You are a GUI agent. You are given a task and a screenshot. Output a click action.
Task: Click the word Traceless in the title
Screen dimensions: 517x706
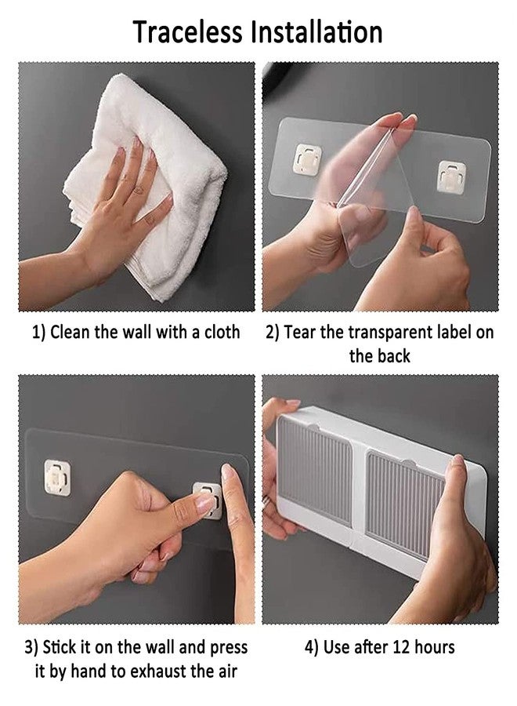tap(188, 32)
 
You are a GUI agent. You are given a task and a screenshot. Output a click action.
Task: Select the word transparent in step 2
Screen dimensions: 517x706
tap(389, 333)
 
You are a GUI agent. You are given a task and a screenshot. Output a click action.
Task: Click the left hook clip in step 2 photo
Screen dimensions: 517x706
tap(308, 159)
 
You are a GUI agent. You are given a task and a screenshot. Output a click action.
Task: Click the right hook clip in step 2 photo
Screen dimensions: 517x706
tap(451, 177)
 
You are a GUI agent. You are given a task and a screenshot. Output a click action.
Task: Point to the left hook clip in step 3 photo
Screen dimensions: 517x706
tap(57, 478)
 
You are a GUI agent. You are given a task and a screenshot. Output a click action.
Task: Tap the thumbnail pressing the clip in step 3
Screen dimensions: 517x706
tap(205, 501)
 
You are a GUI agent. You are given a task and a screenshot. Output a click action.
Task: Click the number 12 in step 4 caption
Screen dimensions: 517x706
tap(401, 647)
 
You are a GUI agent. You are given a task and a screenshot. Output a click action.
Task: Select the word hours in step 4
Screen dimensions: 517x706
tap(434, 647)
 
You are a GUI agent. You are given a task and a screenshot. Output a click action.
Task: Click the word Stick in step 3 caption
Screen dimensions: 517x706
tap(60, 647)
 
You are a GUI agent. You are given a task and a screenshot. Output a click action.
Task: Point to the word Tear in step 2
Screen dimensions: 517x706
tap(300, 333)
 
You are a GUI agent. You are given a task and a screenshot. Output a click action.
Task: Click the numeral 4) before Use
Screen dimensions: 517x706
tap(312, 647)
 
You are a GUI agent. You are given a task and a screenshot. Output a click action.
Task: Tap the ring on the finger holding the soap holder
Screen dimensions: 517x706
tap(266, 501)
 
